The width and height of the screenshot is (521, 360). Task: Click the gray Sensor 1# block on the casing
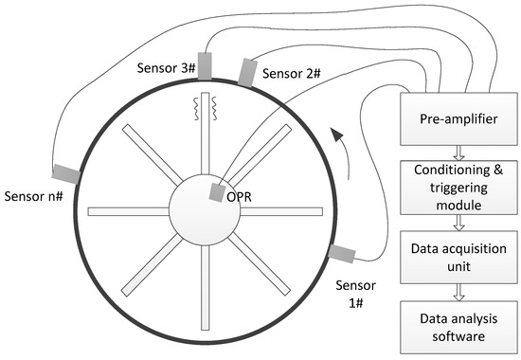point(342,253)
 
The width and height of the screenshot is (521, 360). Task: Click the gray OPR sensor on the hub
point(216,192)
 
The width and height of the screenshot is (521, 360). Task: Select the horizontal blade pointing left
point(128,211)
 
